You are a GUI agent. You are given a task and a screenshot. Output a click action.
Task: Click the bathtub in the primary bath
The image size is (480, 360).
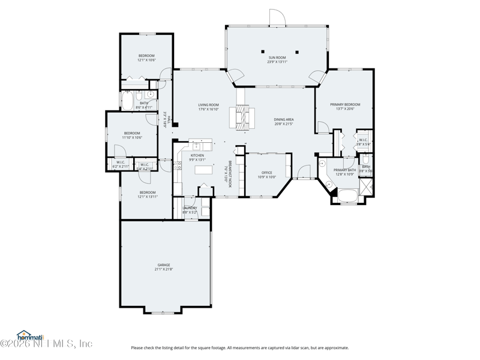347,195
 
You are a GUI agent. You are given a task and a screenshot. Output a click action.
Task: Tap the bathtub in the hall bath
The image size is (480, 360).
128,100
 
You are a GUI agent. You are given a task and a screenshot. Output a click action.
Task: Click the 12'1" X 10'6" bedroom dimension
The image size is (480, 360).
146,60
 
